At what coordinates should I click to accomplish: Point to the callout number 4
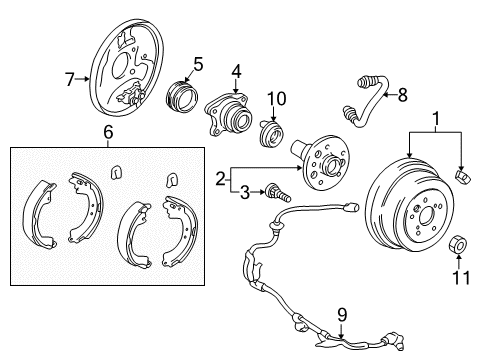[237, 71]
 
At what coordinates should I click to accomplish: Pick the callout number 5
[198, 65]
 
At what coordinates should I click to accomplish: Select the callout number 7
[69, 80]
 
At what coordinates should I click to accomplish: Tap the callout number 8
[403, 97]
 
